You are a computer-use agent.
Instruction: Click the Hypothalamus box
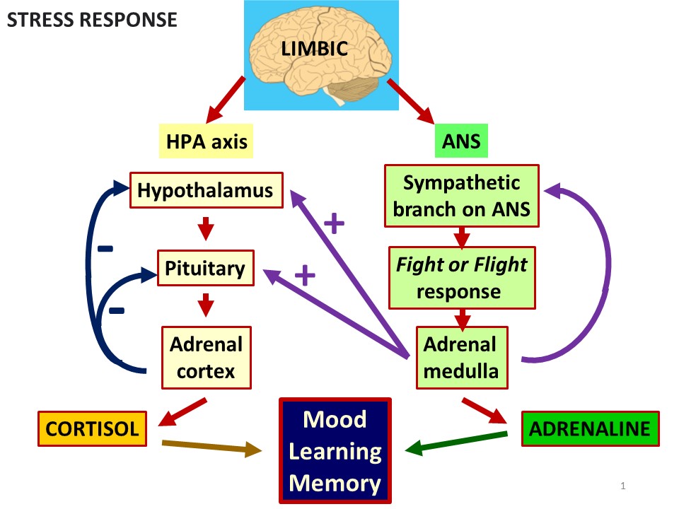point(207,190)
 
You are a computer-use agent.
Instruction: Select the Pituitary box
point(204,269)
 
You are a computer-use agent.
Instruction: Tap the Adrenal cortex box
point(206,357)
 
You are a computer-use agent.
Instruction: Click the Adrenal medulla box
point(461,357)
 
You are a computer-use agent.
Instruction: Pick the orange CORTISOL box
point(92,428)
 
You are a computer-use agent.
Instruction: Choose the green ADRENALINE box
point(590,428)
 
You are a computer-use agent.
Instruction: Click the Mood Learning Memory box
point(335,451)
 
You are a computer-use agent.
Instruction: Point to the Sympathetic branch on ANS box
point(461,196)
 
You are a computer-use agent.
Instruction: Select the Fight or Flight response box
point(461,278)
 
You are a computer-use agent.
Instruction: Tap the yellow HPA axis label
point(207,141)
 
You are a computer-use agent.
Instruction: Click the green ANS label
point(461,141)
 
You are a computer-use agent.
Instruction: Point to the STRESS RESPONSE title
point(92,19)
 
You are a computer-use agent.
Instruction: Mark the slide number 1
point(622,486)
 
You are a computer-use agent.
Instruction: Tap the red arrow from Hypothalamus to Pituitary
point(205,229)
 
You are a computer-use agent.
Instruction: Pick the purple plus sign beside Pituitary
point(304,275)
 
